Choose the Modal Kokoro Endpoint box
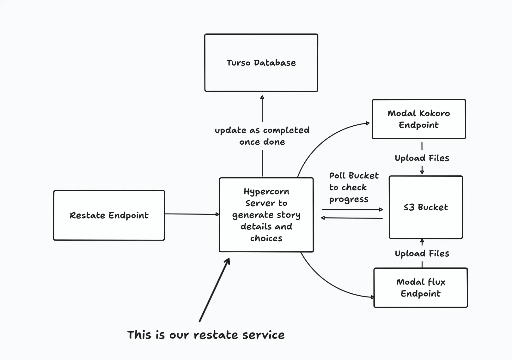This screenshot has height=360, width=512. click(418, 119)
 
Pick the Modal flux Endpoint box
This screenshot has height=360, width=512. click(420, 288)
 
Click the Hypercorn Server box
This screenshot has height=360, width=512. click(266, 215)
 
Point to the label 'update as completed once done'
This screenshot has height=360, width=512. click(262, 136)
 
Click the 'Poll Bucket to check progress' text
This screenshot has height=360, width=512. click(351, 188)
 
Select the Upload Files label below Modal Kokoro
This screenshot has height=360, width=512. click(422, 158)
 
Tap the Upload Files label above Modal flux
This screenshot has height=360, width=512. click(422, 254)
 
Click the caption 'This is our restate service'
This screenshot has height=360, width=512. click(206, 335)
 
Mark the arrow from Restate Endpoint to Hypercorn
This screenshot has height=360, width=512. click(192, 214)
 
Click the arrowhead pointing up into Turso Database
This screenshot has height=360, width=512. click(262, 98)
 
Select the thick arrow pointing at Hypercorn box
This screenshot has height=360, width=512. click(215, 290)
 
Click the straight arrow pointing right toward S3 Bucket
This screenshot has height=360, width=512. click(352, 209)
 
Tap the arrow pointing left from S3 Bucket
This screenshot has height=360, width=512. click(352, 218)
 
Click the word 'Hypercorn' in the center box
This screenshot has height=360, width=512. click(266, 192)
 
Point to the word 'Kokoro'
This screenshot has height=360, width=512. click(434, 113)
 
